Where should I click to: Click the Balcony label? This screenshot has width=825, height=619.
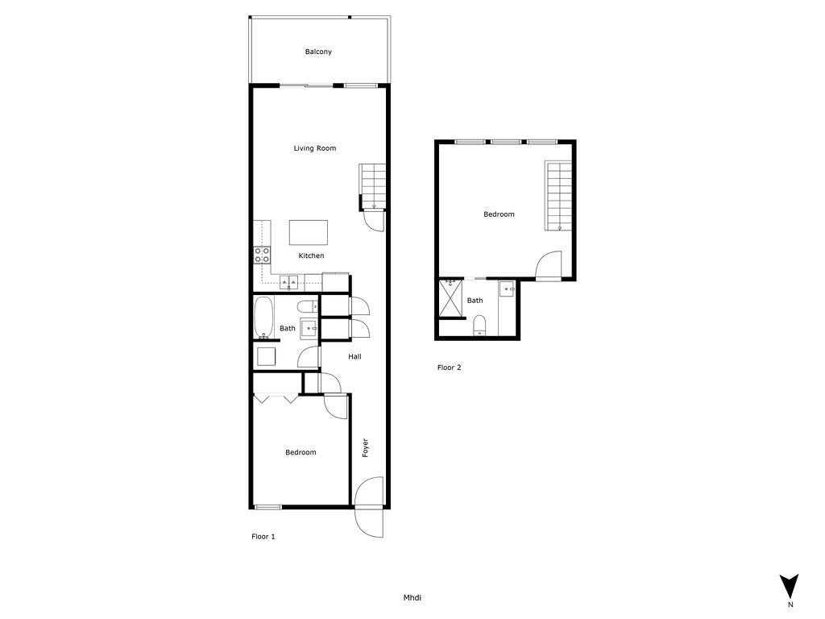click(318, 52)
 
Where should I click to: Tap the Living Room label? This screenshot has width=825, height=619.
click(314, 148)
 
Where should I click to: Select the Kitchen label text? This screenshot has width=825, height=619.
click(311, 256)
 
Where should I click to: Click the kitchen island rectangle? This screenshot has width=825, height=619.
click(309, 233)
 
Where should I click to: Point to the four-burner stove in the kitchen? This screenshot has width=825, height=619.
click(263, 255)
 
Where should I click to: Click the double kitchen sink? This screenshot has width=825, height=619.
click(289, 282)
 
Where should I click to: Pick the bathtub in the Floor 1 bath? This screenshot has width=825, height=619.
click(263, 318)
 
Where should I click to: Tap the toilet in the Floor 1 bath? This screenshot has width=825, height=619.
click(306, 305)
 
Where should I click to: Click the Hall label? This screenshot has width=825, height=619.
click(354, 357)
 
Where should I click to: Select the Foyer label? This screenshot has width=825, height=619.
click(365, 448)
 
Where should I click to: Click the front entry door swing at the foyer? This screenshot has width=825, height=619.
click(370, 508)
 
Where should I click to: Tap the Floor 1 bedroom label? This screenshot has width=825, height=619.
click(301, 453)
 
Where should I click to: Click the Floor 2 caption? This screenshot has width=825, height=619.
click(449, 368)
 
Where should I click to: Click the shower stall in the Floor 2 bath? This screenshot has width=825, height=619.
click(450, 299)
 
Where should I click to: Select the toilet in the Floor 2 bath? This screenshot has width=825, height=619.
click(479, 326)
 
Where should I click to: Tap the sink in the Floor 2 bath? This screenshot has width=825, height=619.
click(507, 289)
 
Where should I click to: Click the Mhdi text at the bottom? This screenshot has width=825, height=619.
click(412, 598)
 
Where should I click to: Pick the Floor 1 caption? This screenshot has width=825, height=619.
click(263, 537)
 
